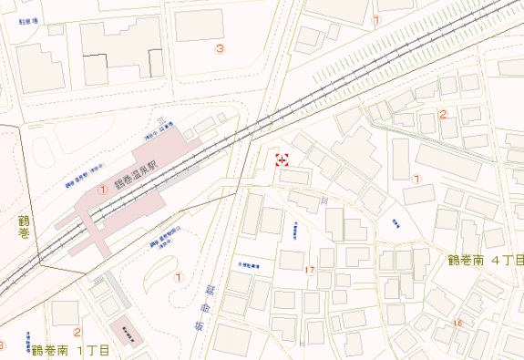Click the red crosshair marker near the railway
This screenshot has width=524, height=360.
[x=282, y=160]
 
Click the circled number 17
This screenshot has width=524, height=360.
[x=310, y=271]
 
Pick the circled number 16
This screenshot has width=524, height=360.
[x=457, y=324]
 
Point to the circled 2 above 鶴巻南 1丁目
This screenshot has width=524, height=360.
[x=77, y=333]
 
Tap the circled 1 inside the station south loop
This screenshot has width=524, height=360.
[x=179, y=276]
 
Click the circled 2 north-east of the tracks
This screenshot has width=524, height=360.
[x=443, y=115]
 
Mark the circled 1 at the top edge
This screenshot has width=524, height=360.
[x=375, y=18]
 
